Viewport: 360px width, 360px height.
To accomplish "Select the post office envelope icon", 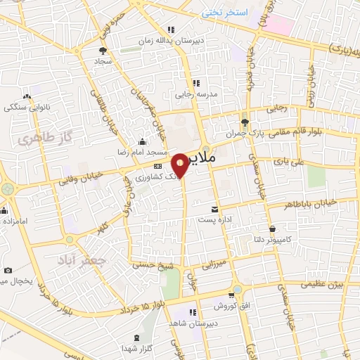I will point(214,210).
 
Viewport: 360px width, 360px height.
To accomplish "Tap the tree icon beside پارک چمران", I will point(244,121).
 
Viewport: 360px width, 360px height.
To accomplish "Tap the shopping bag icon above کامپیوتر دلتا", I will point(273,229).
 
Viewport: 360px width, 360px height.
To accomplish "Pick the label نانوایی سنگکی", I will point(25,107).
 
